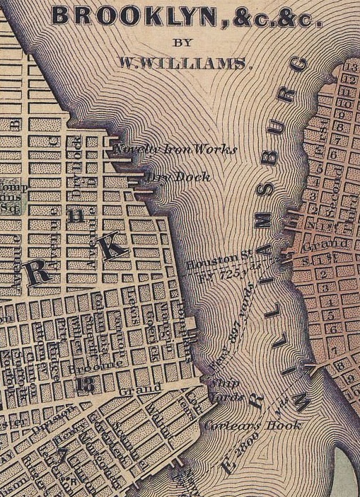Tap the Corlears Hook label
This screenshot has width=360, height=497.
(x=252, y=425)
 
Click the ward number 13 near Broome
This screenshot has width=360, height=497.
(x=86, y=384)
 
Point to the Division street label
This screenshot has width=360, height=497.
(x=60, y=410)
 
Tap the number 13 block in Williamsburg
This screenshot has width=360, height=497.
(x=348, y=67)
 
